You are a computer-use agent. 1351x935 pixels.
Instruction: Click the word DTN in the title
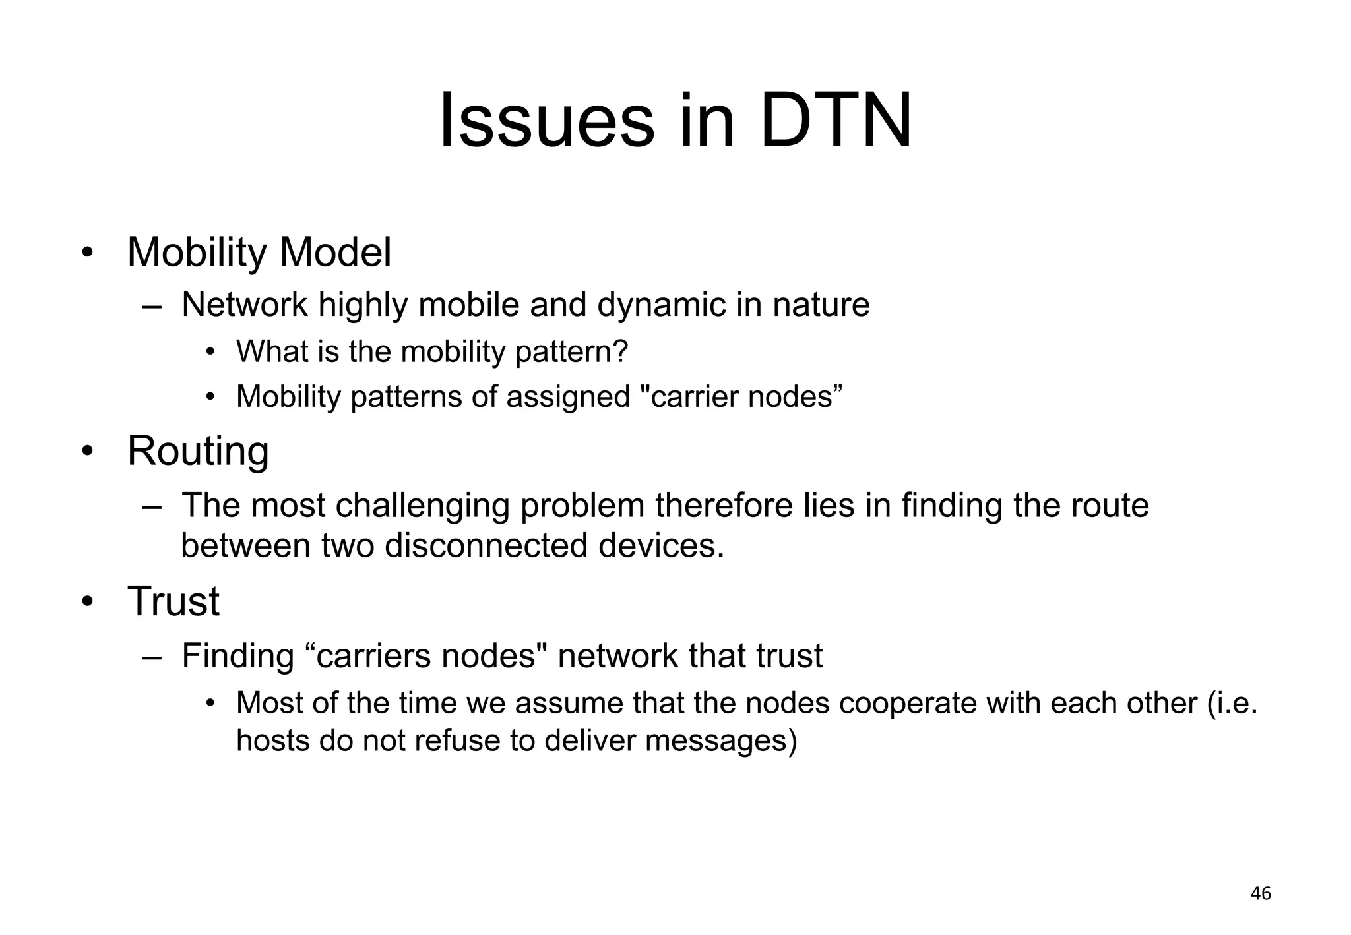click(836, 121)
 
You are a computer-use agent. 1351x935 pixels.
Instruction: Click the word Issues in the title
click(547, 121)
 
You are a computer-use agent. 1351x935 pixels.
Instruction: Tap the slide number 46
click(1261, 893)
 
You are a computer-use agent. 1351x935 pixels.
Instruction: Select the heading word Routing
click(198, 452)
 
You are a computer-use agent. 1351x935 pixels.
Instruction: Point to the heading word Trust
click(173, 601)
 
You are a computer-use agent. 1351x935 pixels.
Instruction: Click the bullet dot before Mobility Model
click(87, 254)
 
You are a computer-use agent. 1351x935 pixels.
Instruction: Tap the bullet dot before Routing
click(87, 452)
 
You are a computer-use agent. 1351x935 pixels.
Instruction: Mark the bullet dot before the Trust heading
click(87, 602)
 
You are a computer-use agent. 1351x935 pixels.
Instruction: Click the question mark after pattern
click(621, 351)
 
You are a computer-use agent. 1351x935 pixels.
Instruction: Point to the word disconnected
click(486, 546)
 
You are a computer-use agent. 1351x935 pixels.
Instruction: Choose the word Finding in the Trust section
click(237, 656)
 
